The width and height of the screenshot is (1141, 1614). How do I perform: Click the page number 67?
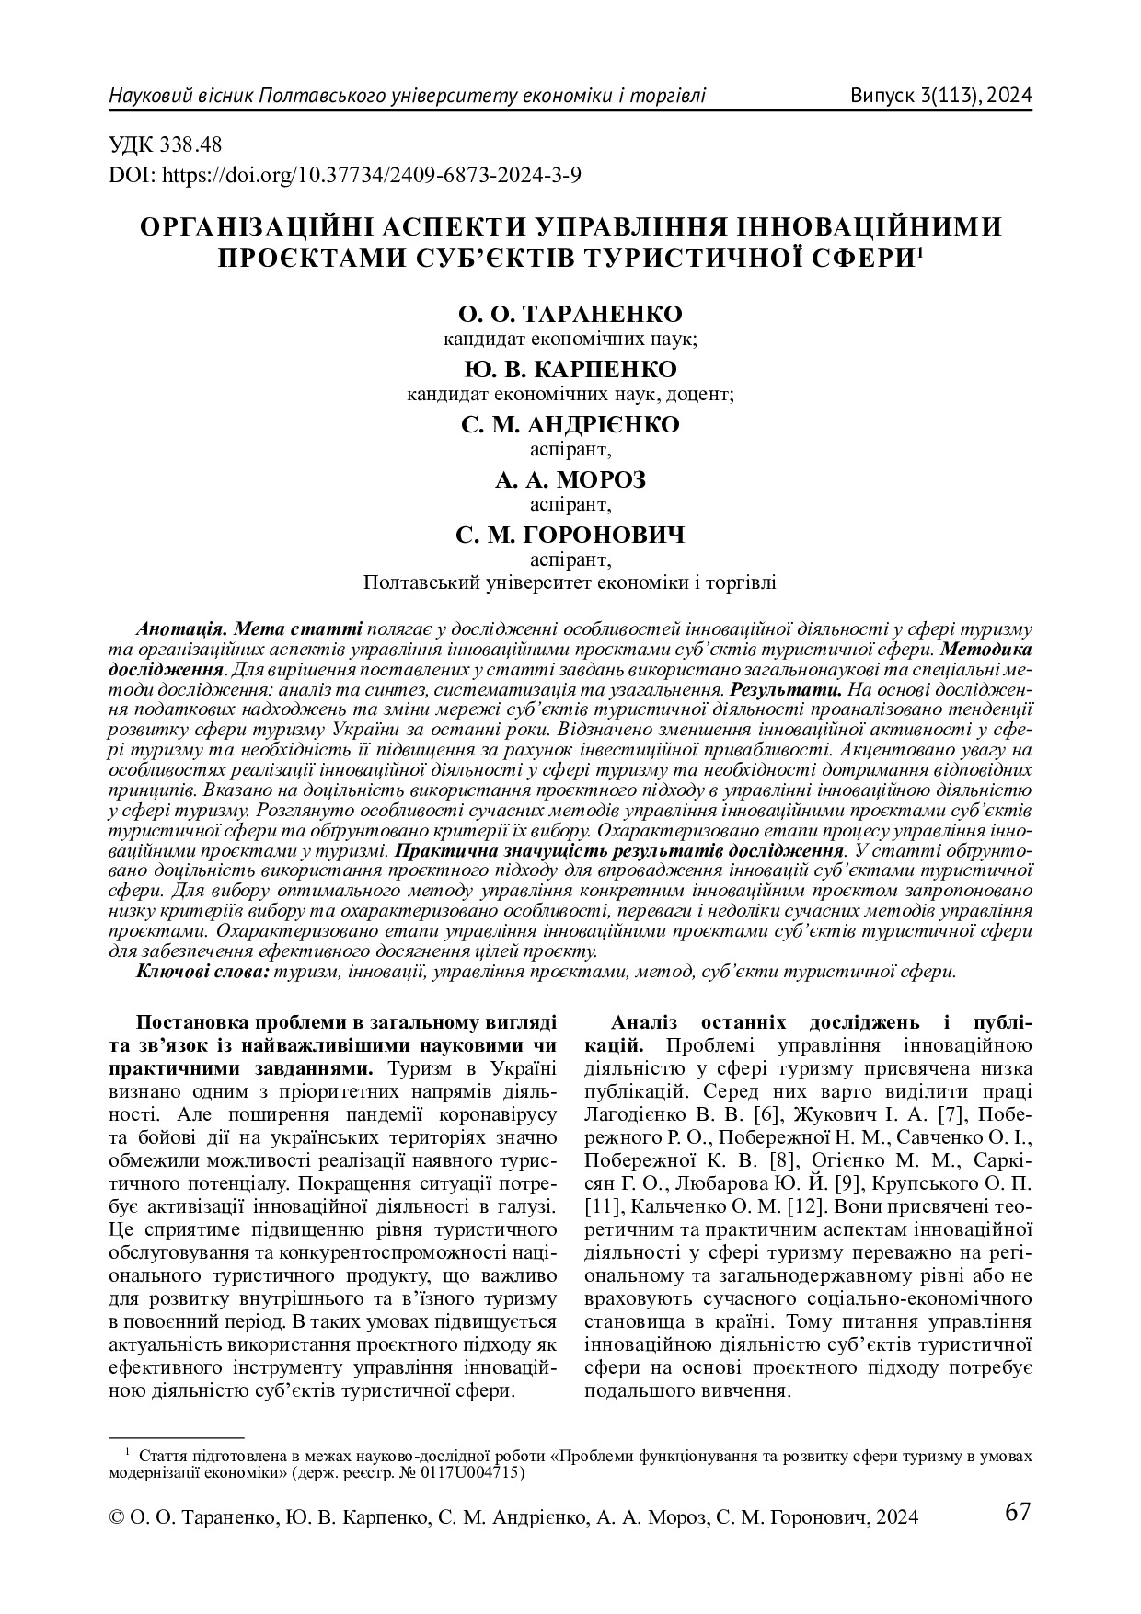tap(1017, 1512)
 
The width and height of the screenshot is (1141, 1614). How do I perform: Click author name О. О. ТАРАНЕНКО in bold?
tap(570, 314)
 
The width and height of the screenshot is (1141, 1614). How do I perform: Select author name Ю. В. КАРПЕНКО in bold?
tap(570, 369)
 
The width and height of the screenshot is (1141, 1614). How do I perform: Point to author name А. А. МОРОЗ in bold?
tap(570, 479)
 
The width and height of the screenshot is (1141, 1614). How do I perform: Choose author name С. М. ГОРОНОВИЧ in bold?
tap(570, 535)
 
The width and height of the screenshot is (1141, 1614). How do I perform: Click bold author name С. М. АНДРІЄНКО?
tap(570, 424)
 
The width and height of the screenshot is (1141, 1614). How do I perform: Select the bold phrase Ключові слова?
tap(202, 971)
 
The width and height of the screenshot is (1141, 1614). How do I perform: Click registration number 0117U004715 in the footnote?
tap(477, 1472)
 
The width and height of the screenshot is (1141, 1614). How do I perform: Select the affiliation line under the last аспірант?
tap(570, 582)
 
